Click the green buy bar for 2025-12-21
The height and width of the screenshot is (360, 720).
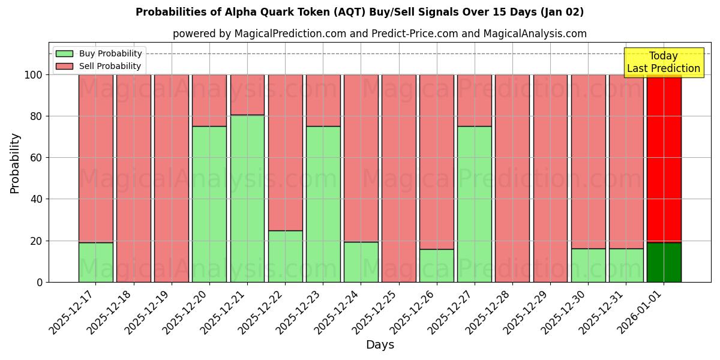tap(247, 198)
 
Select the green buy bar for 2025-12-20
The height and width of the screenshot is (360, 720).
tap(209, 204)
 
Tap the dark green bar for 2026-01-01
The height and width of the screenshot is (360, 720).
tap(664, 262)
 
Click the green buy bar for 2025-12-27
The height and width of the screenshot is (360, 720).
tap(474, 204)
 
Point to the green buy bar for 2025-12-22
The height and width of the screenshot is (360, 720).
tap(285, 256)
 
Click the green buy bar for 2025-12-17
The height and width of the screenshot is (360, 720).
tap(96, 262)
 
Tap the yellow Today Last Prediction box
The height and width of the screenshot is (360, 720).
tap(664, 62)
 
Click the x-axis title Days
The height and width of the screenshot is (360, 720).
tap(380, 345)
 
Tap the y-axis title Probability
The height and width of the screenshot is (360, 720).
tap(15, 163)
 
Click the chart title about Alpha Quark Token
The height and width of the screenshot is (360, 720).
tap(359, 12)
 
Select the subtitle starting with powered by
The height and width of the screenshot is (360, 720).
tap(380, 34)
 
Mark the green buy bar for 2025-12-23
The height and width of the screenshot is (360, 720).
tap(323, 204)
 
